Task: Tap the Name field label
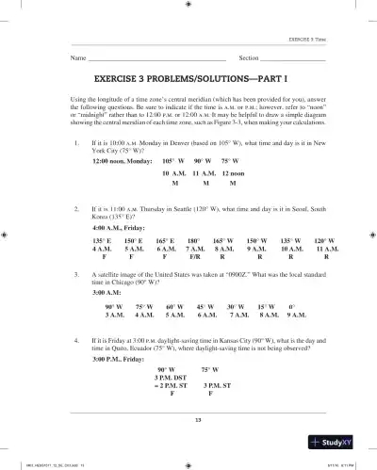coord(78,58)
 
